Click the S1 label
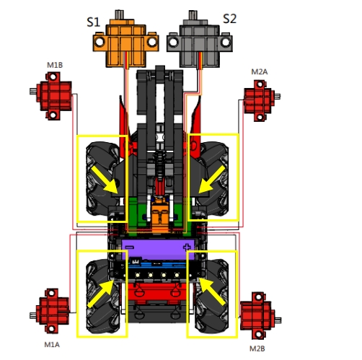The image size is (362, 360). coord(93,22)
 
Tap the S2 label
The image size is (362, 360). coord(230,19)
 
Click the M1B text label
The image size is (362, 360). coord(55,65)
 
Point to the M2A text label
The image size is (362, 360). coord(260,71)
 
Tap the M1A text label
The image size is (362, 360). coord(52,345)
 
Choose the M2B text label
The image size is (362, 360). coord(257,348)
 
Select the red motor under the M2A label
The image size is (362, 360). coord(262,100)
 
